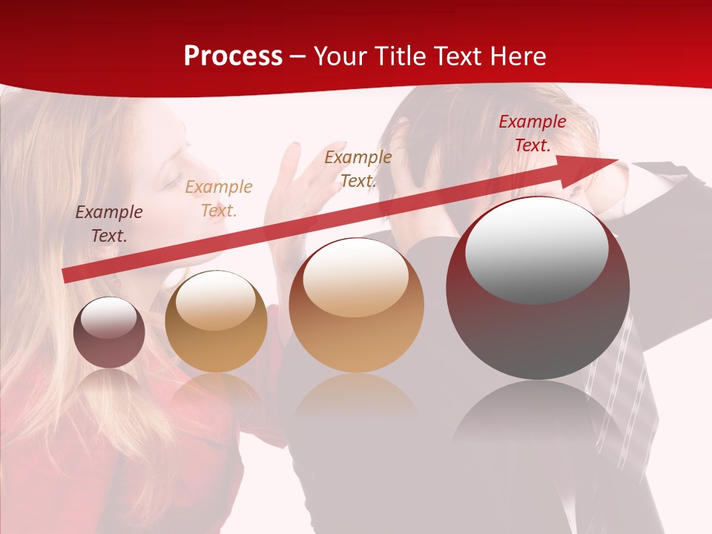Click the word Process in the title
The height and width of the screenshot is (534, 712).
pyautogui.click(x=233, y=56)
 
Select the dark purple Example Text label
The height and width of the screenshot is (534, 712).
pyautogui.click(x=109, y=224)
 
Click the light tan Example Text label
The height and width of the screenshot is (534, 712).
pyautogui.click(x=219, y=199)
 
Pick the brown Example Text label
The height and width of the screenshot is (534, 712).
pyautogui.click(x=358, y=168)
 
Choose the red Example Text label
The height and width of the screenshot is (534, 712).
pyautogui.click(x=532, y=133)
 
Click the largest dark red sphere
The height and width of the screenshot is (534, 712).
pyautogui.click(x=538, y=326)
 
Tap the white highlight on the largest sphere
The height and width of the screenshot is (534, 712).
pyautogui.click(x=537, y=248)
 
